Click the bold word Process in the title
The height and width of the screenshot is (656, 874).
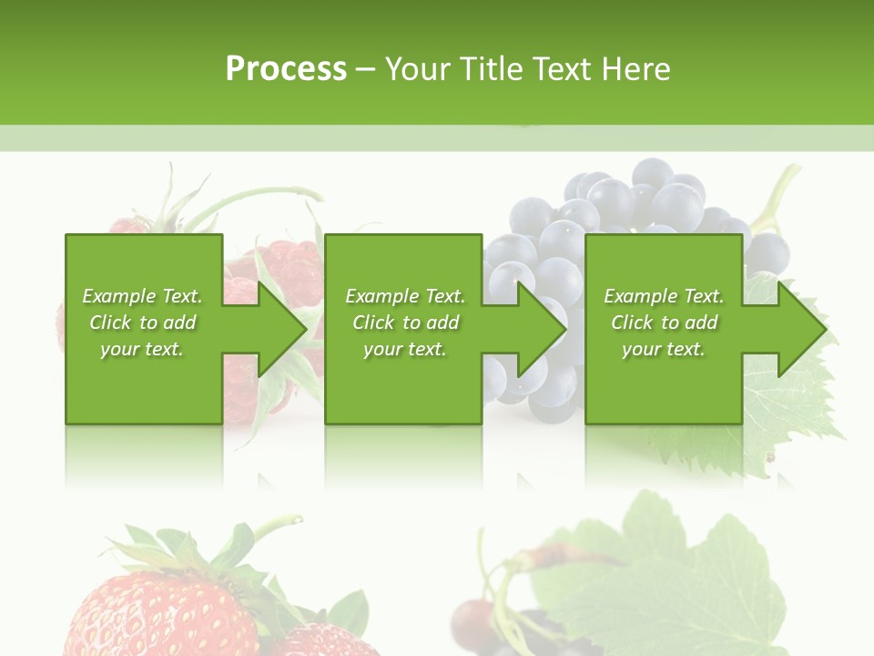(286, 69)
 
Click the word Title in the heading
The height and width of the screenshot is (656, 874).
(491, 69)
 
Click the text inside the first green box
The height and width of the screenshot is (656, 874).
(142, 323)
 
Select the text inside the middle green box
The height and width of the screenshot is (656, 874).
(405, 323)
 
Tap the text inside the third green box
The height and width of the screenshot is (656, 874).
(664, 323)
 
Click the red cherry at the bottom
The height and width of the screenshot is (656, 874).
(473, 624)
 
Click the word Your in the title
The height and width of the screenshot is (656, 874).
(418, 69)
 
